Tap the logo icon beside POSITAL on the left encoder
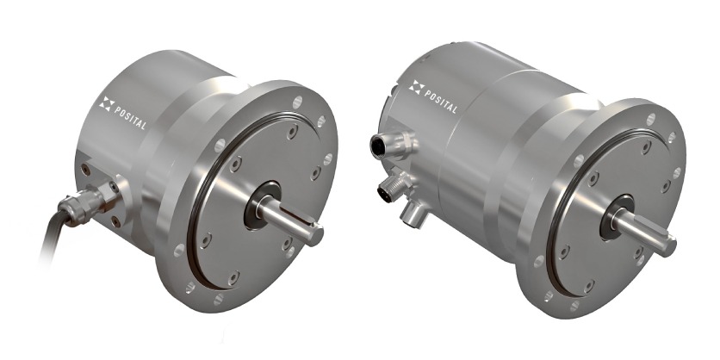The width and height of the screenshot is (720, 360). coord(107,105)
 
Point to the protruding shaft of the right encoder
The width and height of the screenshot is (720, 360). coord(647,226)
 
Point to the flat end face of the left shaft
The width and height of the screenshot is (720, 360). coord(315,235)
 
